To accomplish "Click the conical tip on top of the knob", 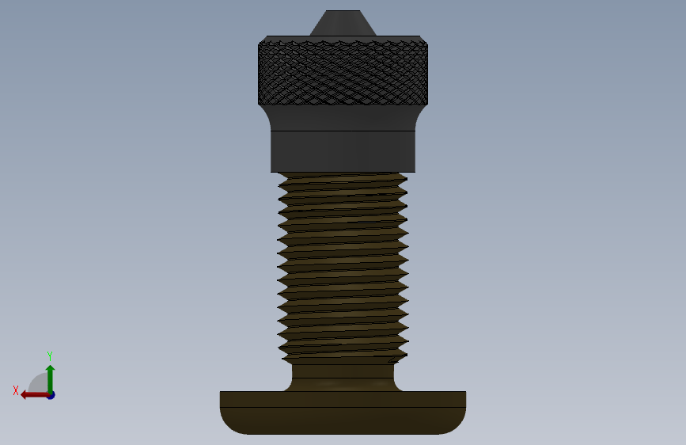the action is coord(343,23).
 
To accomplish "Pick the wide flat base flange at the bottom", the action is coord(343,413).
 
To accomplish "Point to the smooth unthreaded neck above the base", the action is coord(343,377).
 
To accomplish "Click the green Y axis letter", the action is coord(50,356).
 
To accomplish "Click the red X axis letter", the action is coord(16,390).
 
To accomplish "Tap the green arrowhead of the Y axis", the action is coord(51,369).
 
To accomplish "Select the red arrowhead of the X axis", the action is coord(25,395).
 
